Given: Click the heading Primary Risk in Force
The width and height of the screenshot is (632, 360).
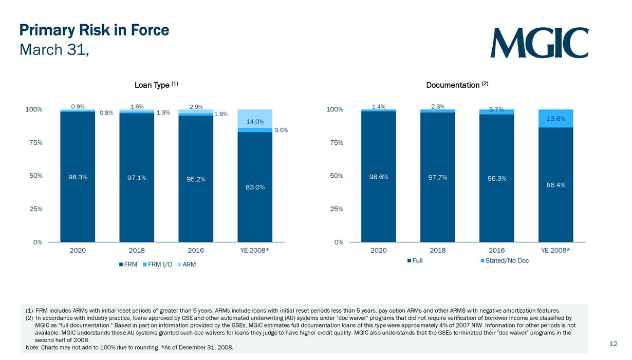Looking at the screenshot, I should click(x=94, y=30).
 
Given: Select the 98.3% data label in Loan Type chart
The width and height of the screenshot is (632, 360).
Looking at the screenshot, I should click(x=78, y=177).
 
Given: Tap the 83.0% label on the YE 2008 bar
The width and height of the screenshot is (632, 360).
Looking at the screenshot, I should click(x=255, y=187).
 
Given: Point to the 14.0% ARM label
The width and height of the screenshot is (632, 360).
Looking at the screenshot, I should click(x=255, y=122).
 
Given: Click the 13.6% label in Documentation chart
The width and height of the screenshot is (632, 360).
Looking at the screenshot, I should click(x=556, y=119).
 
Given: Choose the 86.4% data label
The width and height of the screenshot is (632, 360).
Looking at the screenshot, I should click(x=556, y=185).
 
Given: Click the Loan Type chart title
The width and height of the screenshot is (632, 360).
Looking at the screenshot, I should click(x=153, y=85).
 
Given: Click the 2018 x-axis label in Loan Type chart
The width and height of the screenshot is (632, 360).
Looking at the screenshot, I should click(x=137, y=251).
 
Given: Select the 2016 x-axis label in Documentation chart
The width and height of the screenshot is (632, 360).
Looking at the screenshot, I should click(x=496, y=251).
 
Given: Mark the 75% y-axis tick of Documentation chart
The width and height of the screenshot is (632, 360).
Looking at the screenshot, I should click(x=336, y=143).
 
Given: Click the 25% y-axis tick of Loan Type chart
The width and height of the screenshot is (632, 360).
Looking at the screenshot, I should click(x=35, y=209).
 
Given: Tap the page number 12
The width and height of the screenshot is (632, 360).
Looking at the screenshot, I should click(x=613, y=344).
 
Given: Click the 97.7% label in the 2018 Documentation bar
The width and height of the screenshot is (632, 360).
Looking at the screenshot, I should click(x=437, y=177).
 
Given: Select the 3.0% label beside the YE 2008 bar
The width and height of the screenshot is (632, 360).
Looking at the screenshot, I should click(x=281, y=130).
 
